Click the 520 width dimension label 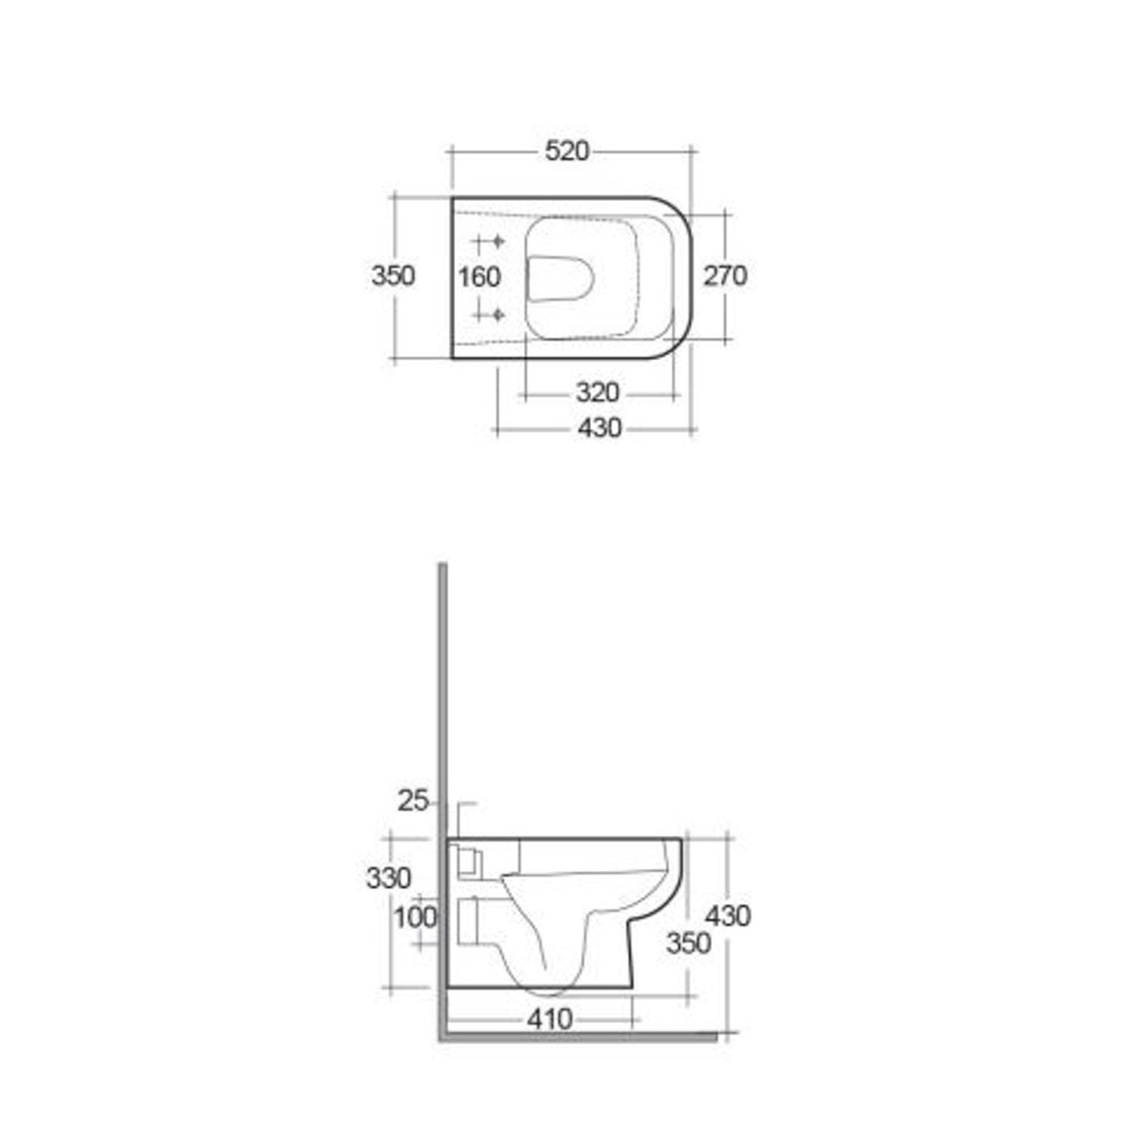coord(567,151)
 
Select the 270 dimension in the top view coord(724,276)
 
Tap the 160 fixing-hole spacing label coord(479,277)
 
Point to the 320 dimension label coord(596,393)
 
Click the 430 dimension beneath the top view coord(599,428)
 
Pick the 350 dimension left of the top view coord(393,275)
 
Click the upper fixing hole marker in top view coord(497,242)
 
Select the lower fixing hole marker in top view coord(497,314)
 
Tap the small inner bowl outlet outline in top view coord(561,277)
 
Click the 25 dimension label coord(413,801)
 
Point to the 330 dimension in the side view coord(388,878)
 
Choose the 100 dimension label coord(415,917)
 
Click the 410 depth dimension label coord(550,1019)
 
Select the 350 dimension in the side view coord(688,944)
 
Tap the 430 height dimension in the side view coord(727,915)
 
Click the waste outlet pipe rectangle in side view coord(467,921)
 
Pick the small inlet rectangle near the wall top coord(467,862)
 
